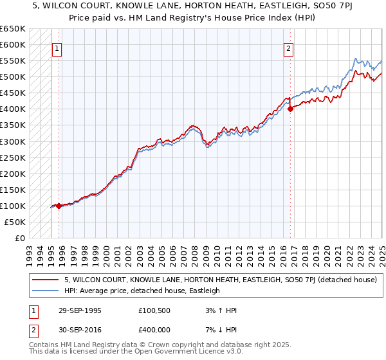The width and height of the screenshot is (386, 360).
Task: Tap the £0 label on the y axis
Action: pos(19,238)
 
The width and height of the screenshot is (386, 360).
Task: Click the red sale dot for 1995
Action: pos(59,206)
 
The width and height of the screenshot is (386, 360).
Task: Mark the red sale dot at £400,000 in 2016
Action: pos(290,109)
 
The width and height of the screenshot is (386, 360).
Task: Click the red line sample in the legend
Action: pos(46,280)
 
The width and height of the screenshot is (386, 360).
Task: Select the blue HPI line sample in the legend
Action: pos(46,291)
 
